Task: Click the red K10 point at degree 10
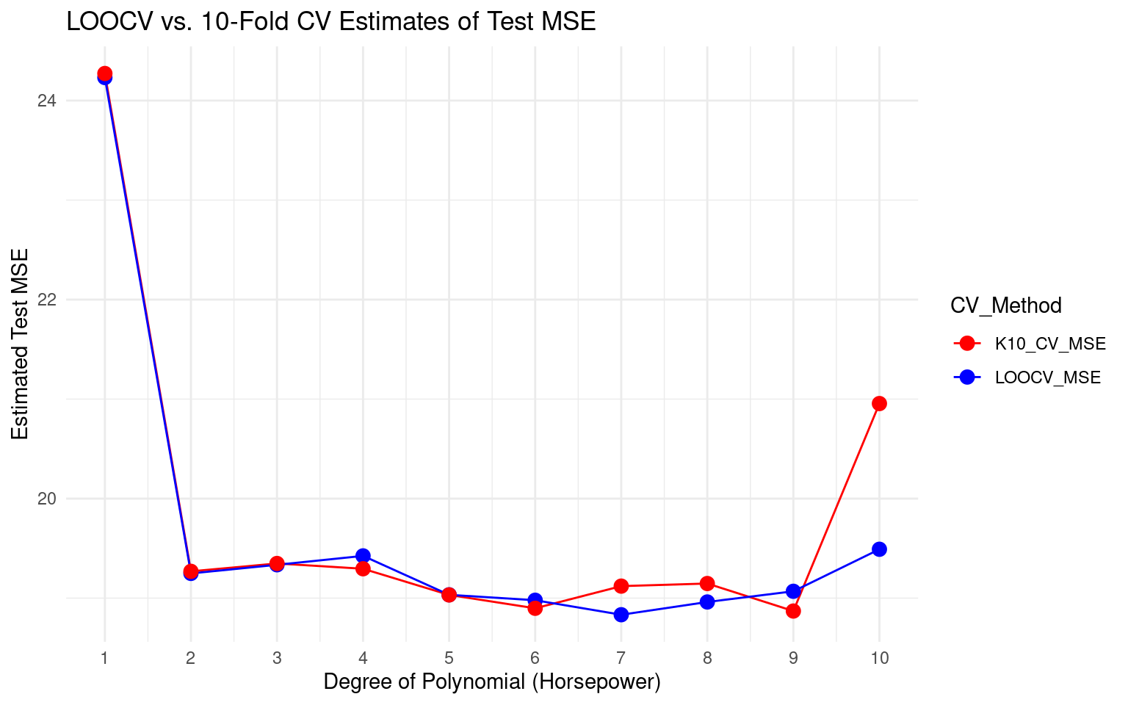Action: pos(879,403)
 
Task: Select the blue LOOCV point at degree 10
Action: pos(879,549)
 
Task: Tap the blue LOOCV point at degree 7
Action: pos(621,615)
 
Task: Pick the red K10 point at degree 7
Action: pos(621,585)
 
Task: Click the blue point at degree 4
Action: pos(363,556)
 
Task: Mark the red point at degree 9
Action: pos(793,611)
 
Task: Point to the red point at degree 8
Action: pos(707,583)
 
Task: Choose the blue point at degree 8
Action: pos(707,602)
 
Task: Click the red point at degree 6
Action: pos(535,608)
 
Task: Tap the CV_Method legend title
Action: pos(1006,305)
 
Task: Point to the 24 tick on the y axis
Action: pos(47,101)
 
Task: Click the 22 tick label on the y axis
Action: pos(47,300)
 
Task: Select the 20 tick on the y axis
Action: pos(47,499)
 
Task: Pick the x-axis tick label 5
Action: pos(449,658)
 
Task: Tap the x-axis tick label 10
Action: pos(879,658)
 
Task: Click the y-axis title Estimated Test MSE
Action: pos(21,344)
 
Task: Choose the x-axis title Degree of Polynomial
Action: pos(492,682)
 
